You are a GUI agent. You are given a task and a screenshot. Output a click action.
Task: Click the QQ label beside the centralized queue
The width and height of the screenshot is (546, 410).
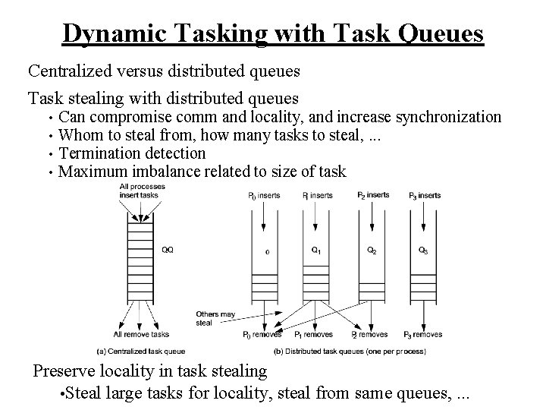(x=167, y=248)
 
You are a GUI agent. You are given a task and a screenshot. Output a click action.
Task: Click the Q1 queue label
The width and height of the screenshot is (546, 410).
(x=316, y=249)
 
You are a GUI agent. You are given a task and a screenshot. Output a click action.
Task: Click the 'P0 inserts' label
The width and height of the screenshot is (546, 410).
(x=263, y=195)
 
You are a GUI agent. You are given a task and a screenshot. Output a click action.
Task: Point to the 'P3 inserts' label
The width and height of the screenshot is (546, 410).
(x=425, y=195)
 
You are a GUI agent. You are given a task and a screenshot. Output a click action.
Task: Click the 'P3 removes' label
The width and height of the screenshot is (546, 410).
(x=423, y=334)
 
